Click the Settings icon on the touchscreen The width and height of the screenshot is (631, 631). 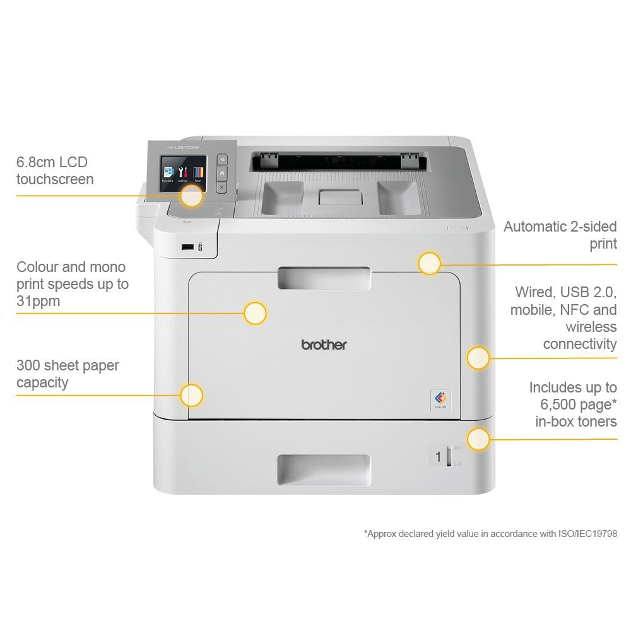click(183, 172)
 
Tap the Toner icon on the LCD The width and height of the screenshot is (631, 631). click(198, 172)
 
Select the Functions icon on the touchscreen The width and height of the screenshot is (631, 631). click(168, 172)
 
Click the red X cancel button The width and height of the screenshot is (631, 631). click(221, 187)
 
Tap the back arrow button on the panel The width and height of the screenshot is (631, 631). click(221, 160)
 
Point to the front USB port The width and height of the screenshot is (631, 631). click(187, 247)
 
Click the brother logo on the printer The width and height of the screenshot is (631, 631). click(324, 345)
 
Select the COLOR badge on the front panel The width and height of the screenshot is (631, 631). click(440, 399)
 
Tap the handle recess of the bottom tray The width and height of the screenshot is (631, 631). click(323, 470)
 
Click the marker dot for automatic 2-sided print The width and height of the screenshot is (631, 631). click(429, 263)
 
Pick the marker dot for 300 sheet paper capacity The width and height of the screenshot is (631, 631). click(191, 395)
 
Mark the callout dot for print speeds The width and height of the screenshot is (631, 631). click(255, 313)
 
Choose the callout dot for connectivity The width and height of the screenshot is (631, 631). click(478, 358)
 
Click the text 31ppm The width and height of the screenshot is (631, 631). click(38, 301)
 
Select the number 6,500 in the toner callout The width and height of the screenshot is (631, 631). click(557, 404)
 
